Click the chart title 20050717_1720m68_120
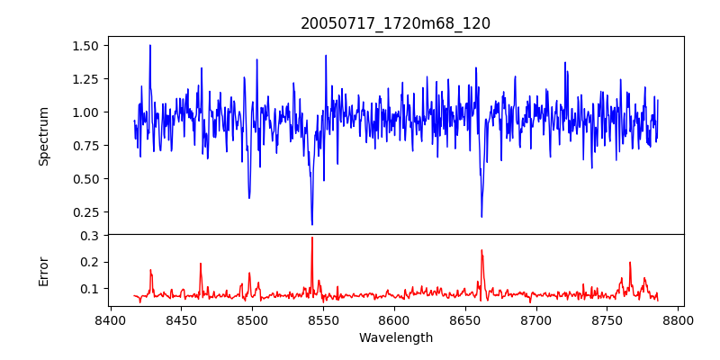396,23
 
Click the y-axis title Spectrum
44,136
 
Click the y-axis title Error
44,270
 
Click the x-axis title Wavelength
396,338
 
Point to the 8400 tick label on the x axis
110,319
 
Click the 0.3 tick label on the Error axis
89,236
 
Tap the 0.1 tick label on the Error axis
89,289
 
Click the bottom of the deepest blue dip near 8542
311,225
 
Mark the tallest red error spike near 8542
311,238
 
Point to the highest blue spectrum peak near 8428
150,45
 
